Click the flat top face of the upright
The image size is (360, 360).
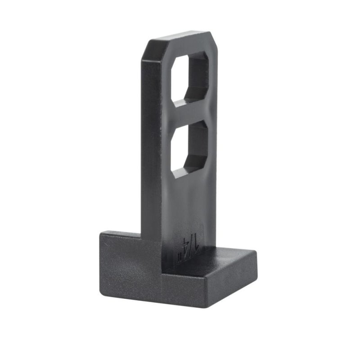coord(178,38)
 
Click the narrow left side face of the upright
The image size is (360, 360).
coord(151,148)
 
